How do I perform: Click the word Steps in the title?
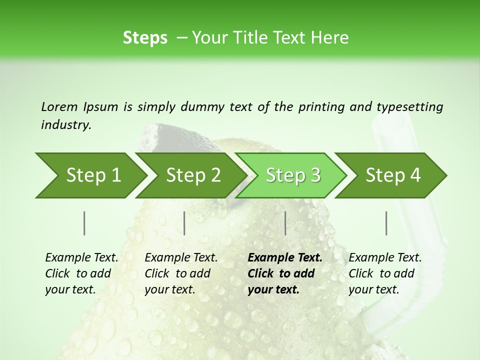coord(145,38)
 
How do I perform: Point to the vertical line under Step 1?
coord(84,223)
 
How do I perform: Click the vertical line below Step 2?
coord(184,223)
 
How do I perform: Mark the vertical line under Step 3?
coord(285,223)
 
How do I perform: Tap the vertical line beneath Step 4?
coord(386,223)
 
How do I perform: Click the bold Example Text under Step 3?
coord(285,258)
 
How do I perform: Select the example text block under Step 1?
coord(81,273)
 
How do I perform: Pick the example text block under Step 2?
coord(181,273)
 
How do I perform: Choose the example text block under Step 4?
coord(385,273)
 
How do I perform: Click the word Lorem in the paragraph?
coord(59,107)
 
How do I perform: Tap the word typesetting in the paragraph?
coord(409,107)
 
